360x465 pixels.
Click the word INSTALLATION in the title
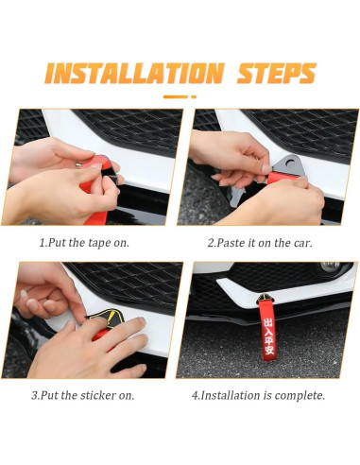pyautogui.click(x=134, y=73)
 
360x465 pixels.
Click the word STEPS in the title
pyautogui.click(x=277, y=73)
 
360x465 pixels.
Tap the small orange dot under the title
pyautogui.click(x=194, y=97)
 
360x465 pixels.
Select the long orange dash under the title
pyautogui.click(x=176, y=97)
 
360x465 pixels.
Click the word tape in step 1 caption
pyautogui.click(x=98, y=243)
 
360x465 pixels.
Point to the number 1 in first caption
pyautogui.click(x=42, y=243)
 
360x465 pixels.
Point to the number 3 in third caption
pyautogui.click(x=34, y=395)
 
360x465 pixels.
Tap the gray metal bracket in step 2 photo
pyautogui.click(x=288, y=164)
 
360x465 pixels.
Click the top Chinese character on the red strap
pyautogui.click(x=268, y=323)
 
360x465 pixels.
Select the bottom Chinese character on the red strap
pyautogui.click(x=269, y=350)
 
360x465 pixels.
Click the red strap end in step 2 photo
pyautogui.click(x=281, y=179)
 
